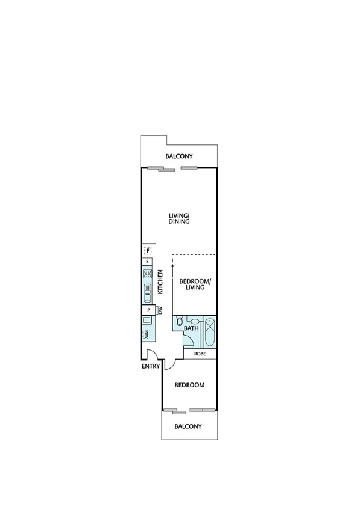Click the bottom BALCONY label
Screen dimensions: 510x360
pyautogui.click(x=188, y=426)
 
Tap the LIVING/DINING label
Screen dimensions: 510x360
pyautogui.click(x=179, y=218)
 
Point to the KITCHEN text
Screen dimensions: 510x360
pyautogui.click(x=160, y=282)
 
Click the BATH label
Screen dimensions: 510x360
pyautogui.click(x=191, y=328)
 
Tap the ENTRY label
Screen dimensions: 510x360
pyautogui.click(x=150, y=366)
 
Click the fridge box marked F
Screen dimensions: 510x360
pyautogui.click(x=148, y=250)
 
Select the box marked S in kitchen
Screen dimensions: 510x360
pyautogui.click(x=148, y=262)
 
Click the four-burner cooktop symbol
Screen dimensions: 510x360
pyautogui.click(x=148, y=276)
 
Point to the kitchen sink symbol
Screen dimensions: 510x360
pyautogui.click(x=148, y=295)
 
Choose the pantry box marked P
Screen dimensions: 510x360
pyautogui.click(x=148, y=310)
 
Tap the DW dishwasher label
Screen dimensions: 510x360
pyautogui.click(x=160, y=310)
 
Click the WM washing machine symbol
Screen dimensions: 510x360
pyautogui.click(x=147, y=333)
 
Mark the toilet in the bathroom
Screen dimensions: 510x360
pyautogui.click(x=179, y=322)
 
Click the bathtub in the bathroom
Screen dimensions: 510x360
pyautogui.click(x=210, y=332)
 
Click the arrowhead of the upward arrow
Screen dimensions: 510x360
pyautogui.click(x=172, y=260)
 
